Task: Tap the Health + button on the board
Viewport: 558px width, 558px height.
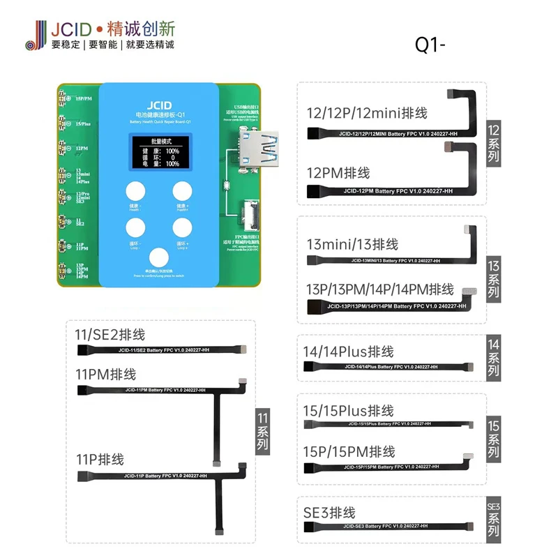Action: coord(183,190)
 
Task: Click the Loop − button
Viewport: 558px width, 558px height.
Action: coord(135,228)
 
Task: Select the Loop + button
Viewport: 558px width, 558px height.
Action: coord(183,228)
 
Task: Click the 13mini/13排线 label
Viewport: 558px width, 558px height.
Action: coord(352,244)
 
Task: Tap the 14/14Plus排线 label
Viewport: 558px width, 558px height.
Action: coord(349,351)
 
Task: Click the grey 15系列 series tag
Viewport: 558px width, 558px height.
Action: coord(493,437)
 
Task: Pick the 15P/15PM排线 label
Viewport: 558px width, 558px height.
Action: coord(349,451)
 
